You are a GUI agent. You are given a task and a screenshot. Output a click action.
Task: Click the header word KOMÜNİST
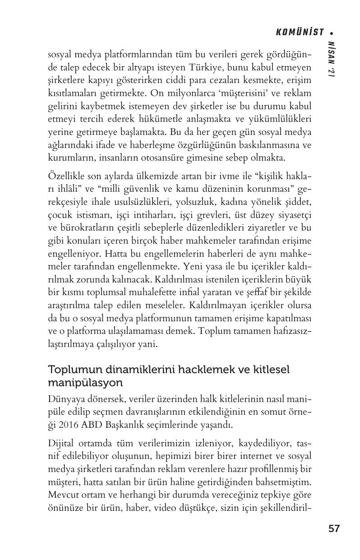[300, 32]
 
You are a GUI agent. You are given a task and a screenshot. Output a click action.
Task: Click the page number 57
[334, 528]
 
